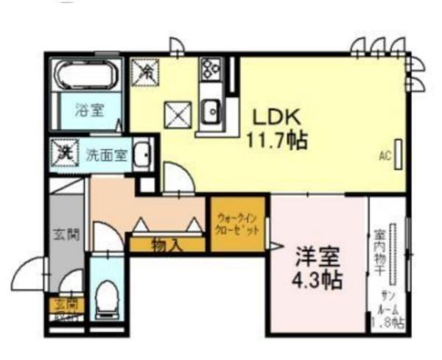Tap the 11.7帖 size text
[x=277, y=139]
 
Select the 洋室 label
[x=318, y=258]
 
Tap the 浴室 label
[x=90, y=110]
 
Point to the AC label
[x=384, y=155]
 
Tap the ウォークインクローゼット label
[x=238, y=224]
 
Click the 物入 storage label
[x=166, y=244]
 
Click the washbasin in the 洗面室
[x=145, y=155]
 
